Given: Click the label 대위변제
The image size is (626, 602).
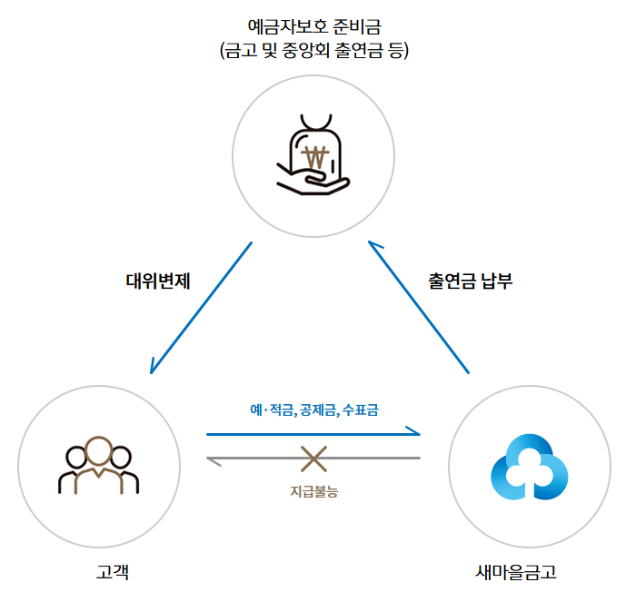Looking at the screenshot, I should pos(157,281).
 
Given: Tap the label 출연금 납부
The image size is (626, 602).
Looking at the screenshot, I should pos(471,281).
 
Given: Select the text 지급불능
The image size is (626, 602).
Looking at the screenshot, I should pos(313,491).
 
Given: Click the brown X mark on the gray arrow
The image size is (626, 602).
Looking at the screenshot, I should pos(313,459).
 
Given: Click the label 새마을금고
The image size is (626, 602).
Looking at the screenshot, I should pos(515,572).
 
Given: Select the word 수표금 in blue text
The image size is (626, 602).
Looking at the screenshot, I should pos(361,410).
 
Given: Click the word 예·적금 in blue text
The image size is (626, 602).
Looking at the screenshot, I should pos(273,410).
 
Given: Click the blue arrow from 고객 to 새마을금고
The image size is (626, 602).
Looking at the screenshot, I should pos(313,435).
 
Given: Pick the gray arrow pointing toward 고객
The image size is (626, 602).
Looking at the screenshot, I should pos(313,459).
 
